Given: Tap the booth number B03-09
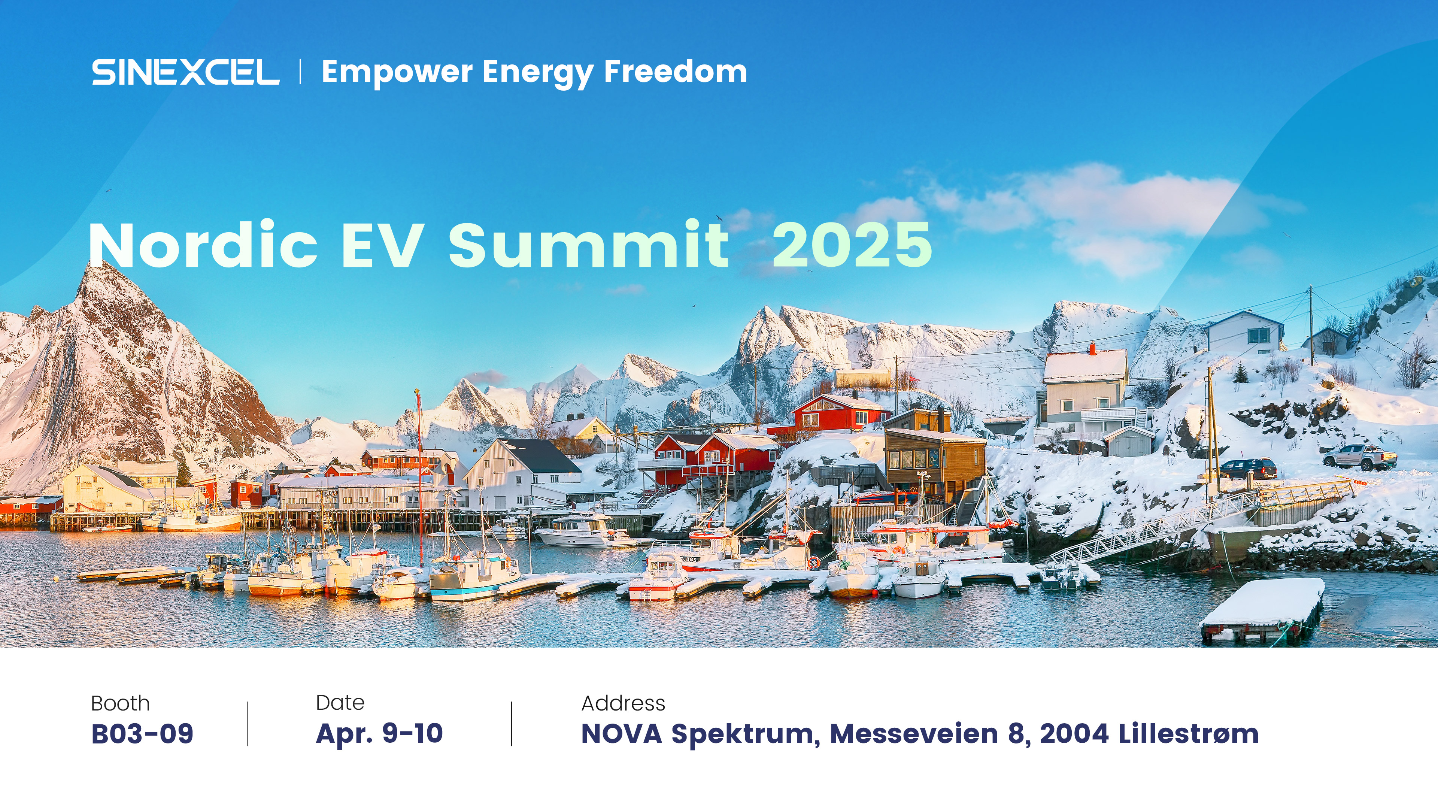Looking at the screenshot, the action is pos(142,734).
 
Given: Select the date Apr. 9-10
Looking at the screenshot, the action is pos(380,734).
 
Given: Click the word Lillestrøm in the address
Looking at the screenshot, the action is pos(1189,734).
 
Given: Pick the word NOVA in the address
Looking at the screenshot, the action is pos(622,734).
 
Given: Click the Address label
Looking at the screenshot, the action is pos(624,703).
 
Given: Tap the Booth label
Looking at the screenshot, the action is pos(121,703).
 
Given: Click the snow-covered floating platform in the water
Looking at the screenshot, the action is pos(1263,610).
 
